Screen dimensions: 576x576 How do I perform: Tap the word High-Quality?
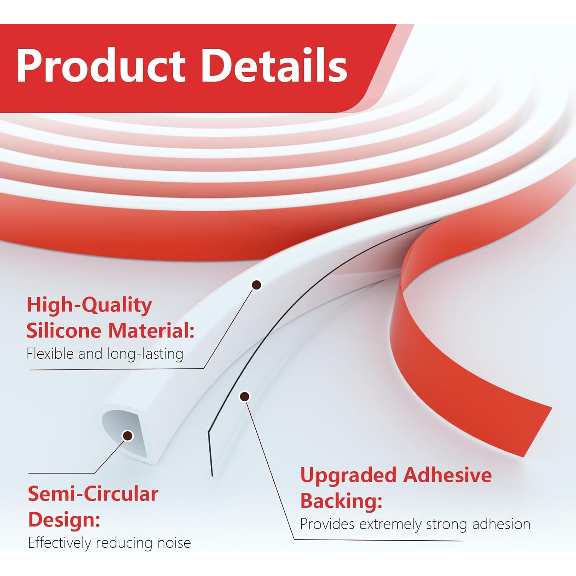(x=89, y=306)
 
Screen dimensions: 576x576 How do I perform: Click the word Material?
(x=151, y=331)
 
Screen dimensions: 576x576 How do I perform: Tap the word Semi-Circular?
(x=93, y=494)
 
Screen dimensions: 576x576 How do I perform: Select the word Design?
(x=64, y=520)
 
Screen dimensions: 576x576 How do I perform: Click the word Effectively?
(x=60, y=543)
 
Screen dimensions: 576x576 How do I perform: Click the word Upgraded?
(x=348, y=475)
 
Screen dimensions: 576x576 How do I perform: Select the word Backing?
(x=341, y=501)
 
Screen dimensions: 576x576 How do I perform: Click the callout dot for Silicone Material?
(x=257, y=285)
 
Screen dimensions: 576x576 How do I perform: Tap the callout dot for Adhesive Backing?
(x=245, y=397)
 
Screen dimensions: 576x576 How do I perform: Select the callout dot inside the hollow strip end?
(x=127, y=435)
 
